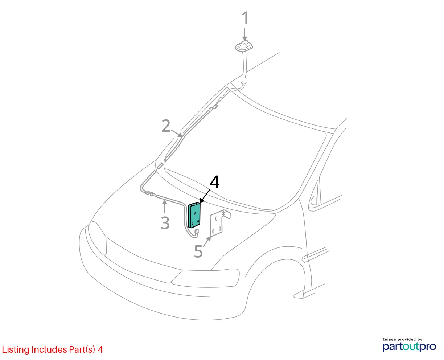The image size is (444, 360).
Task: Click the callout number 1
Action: coord(245,18)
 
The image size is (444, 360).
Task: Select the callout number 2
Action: coord(166,126)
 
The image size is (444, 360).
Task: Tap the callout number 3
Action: coord(165,223)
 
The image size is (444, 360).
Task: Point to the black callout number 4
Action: coord(215,182)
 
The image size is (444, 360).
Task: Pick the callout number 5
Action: coord(198,251)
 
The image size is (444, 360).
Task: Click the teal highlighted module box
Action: coord(194,215)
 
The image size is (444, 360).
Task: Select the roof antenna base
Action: coord(244,46)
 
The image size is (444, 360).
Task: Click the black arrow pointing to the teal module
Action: coord(205,196)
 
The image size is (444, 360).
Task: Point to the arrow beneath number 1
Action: coord(245,34)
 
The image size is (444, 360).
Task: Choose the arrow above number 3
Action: coord(165,206)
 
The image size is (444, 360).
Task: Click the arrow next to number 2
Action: coord(177,133)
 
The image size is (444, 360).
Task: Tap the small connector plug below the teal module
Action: coord(196,231)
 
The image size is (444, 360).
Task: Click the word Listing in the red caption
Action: coord(16,350)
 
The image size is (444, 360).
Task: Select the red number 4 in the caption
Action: coord(100,350)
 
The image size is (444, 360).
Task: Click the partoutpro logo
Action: coord(409,347)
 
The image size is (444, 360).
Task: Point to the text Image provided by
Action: coord(403,339)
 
